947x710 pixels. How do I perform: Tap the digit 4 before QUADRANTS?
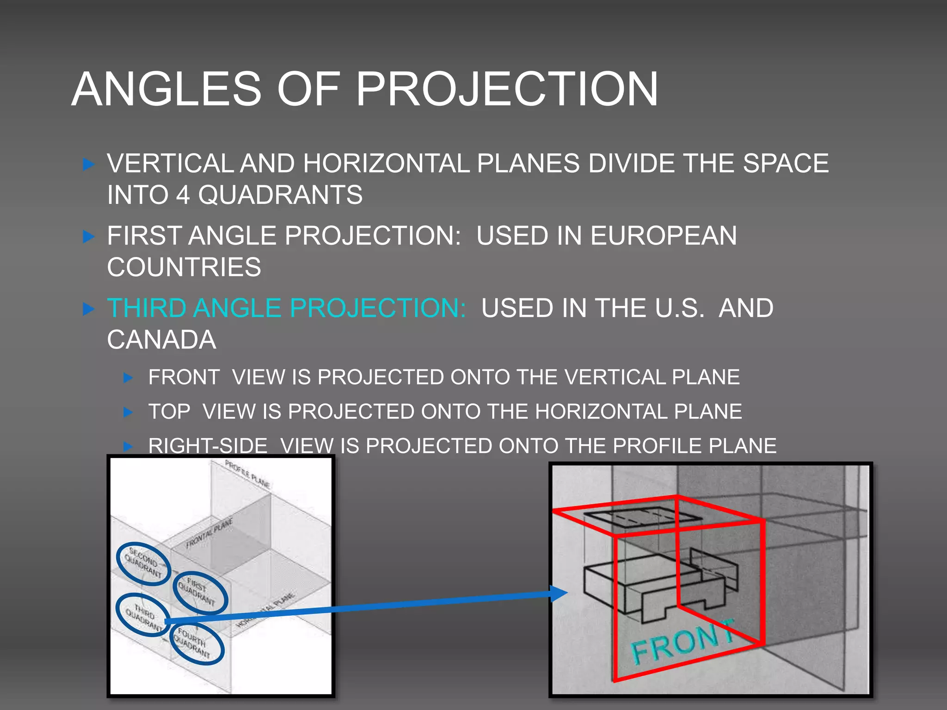(x=183, y=195)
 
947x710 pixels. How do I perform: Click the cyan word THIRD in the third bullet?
(x=147, y=308)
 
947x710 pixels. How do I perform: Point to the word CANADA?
(x=161, y=340)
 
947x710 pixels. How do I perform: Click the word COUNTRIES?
(x=184, y=267)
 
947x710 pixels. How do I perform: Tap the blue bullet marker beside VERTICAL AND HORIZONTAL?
(x=88, y=164)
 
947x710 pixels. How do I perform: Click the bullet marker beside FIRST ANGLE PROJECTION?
(x=88, y=237)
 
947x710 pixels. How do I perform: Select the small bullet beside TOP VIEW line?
(x=129, y=412)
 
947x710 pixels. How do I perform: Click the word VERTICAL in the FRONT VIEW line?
(x=615, y=377)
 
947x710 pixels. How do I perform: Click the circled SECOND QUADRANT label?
(x=143, y=563)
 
